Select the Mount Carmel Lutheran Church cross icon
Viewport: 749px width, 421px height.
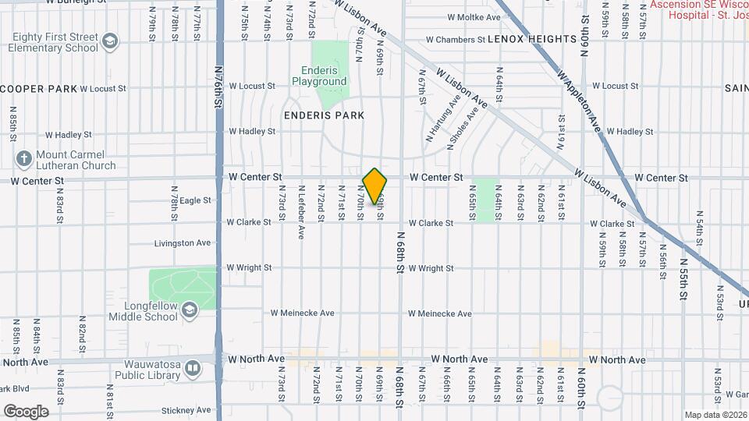pos(24,160)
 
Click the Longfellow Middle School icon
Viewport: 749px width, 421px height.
pos(189,311)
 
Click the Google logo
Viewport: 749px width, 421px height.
pos(26,411)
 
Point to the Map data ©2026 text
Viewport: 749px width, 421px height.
pos(715,414)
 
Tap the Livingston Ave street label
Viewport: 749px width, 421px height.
pos(183,243)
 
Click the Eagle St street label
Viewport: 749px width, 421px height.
pos(196,200)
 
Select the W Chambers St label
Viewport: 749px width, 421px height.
pos(456,39)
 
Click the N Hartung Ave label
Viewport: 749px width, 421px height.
pos(442,118)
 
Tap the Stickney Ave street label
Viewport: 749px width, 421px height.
pos(186,410)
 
